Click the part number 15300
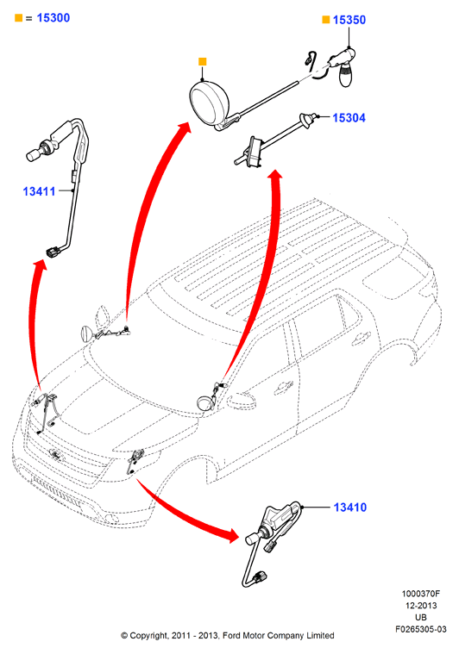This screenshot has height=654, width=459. pos(53,18)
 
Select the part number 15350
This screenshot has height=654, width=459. pos(349,20)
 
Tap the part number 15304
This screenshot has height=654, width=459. pos(349,118)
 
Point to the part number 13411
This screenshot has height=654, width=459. pos(39,191)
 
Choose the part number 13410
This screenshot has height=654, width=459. pos(350,508)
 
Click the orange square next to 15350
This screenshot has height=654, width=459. pos(326,20)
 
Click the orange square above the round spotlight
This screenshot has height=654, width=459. pos(203,62)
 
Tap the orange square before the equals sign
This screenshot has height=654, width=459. pos(18,17)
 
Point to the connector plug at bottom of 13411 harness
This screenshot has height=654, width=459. pos(53,252)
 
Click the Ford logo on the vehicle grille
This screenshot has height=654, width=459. pos(54,454)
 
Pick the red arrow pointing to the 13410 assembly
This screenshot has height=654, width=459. pos(184,515)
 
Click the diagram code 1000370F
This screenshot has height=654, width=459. pos(420,594)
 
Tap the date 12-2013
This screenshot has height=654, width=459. pos(420,606)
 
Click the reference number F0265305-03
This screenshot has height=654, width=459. pos(420,629)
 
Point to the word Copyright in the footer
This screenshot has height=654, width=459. pos(148,636)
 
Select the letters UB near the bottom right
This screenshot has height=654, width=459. pos(420,617)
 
